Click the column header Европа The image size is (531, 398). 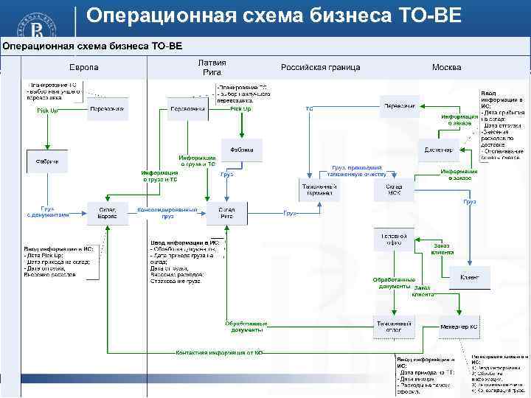83,67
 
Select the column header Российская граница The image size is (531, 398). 321,67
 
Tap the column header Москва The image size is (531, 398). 447,67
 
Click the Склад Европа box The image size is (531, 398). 108,212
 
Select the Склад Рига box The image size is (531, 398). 227,212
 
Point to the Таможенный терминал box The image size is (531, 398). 319,189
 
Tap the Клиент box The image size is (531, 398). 469,277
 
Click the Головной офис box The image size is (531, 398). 395,239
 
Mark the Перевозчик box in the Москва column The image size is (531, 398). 400,106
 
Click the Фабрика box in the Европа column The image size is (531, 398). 47,161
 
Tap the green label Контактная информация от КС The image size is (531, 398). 219,353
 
